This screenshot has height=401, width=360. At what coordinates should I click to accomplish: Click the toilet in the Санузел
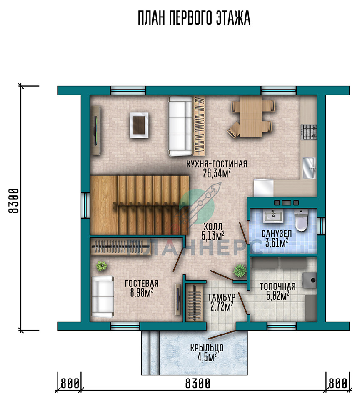click(301, 220)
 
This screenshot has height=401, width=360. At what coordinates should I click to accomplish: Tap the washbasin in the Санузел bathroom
click(273, 217)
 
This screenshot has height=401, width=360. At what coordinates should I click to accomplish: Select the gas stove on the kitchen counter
click(310, 132)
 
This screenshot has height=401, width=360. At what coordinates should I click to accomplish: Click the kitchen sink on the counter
click(309, 168)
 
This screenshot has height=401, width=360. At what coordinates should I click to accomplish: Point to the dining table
click(251, 117)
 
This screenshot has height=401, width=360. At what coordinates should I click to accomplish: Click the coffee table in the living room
click(139, 125)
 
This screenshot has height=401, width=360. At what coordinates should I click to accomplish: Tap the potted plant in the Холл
click(240, 270)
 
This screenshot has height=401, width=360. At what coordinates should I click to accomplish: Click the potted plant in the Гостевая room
click(102, 266)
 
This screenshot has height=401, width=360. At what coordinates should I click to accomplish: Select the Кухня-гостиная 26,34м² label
click(217, 169)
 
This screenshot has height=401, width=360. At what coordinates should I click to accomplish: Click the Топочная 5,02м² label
click(277, 291)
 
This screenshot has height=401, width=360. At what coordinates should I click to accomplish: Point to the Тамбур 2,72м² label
click(221, 302)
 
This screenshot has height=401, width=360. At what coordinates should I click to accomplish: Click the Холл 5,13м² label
click(213, 232)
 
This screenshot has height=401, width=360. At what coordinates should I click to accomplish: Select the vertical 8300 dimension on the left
click(14, 201)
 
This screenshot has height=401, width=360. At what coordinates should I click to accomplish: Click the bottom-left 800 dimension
click(70, 384)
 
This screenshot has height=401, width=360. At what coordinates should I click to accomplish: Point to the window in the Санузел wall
click(322, 226)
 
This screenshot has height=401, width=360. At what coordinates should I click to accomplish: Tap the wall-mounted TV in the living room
click(96, 130)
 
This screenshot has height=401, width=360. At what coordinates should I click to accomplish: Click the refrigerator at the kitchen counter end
click(263, 188)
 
